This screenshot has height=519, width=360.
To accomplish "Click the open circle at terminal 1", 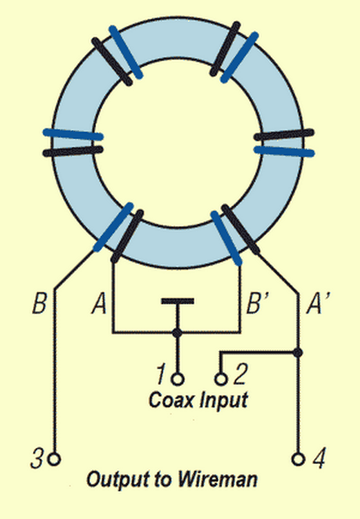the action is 178,379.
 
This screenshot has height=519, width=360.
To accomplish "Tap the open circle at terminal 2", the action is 221,379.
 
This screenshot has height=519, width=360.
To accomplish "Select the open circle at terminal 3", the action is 55,460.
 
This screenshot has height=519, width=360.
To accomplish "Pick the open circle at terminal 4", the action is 298,460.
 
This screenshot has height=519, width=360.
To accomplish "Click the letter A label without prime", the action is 99,303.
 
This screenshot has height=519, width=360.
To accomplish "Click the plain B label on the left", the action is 39,303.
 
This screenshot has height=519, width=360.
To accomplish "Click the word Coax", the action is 171,400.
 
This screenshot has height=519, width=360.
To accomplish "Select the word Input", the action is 224,401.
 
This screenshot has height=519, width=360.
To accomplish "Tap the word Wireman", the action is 218,480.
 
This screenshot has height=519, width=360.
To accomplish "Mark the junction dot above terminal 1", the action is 178,332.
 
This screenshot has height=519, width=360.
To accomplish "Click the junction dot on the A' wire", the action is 298,352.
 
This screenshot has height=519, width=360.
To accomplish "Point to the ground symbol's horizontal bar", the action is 178,301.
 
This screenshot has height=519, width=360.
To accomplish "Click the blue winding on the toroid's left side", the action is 73,134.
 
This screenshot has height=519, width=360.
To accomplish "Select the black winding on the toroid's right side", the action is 283,135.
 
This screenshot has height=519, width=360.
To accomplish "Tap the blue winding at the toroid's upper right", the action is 240,57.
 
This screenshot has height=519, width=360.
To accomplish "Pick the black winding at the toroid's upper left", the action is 112,62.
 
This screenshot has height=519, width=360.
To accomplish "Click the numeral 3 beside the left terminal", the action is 37,458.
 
